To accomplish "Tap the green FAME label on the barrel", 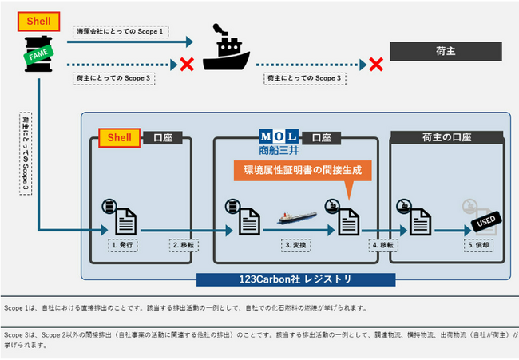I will pyautogui.click(x=38, y=57).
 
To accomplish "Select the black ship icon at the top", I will pyautogui.click(x=227, y=49).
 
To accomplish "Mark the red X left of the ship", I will pyautogui.click(x=188, y=65).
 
